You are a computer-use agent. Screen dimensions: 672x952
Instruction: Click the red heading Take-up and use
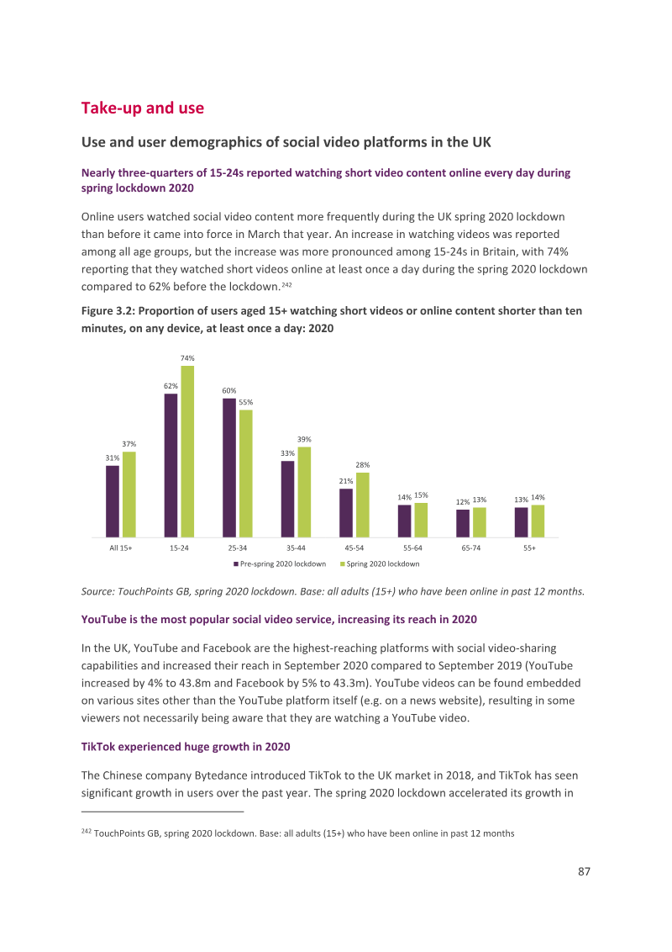tap(143, 108)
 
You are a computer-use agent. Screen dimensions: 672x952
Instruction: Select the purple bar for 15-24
tap(171, 465)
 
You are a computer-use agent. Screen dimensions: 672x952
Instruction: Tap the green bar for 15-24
tap(187, 451)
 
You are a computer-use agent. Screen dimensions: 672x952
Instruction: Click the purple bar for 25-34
tap(229, 468)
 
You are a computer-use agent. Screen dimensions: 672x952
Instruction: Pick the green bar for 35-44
tap(304, 492)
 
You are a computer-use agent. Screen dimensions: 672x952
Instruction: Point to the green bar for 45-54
tap(363, 505)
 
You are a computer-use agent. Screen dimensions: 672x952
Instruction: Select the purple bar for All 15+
tap(113, 501)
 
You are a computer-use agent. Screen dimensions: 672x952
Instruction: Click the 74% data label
tap(187, 358)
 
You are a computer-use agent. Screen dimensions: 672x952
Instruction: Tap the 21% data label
tap(346, 481)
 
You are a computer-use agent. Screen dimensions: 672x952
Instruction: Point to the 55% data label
tap(245, 402)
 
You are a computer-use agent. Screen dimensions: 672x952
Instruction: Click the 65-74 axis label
tap(471, 547)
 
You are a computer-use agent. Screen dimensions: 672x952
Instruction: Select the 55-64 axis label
tap(413, 547)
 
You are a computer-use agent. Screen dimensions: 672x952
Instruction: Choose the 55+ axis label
tap(529, 547)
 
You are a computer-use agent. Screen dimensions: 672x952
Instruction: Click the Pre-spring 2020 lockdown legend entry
tap(280, 564)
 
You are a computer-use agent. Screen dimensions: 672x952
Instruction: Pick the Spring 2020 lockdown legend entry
tap(380, 564)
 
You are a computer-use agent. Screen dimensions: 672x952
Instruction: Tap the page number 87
tap(584, 871)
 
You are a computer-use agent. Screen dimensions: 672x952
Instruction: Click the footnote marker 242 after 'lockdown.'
tap(286, 284)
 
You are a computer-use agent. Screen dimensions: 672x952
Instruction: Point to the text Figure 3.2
tap(108, 311)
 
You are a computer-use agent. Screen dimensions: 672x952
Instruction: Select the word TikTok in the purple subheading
tap(97, 747)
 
